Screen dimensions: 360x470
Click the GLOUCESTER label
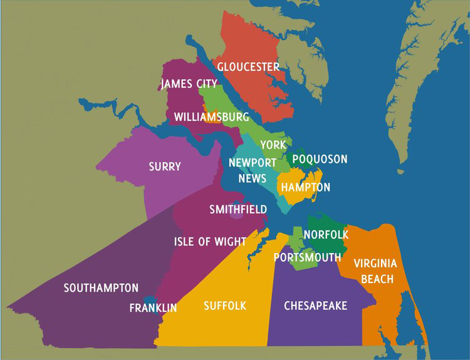pos(248,67)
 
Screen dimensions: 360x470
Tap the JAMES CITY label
pos(189,84)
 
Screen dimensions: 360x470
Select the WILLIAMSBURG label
pos(211,117)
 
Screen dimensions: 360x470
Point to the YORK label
pos(273,145)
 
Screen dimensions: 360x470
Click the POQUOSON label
pos(320,159)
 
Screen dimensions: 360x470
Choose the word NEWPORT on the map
pos(253,162)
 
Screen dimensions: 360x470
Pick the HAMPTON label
pos(305,187)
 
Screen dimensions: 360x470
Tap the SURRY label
pos(165,167)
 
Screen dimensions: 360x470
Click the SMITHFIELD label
pos(238,209)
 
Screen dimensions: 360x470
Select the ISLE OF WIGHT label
pos(201,241)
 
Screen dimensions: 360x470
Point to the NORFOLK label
pos(326,234)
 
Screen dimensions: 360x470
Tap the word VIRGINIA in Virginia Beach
pos(375,264)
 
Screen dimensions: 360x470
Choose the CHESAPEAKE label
pos(315,306)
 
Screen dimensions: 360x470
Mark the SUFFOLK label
pos(225,306)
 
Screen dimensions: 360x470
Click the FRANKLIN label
pos(153,307)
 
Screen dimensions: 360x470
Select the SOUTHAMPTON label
pos(101,288)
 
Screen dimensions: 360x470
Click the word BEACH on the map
pos(377,279)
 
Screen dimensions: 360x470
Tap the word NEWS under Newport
pos(253,178)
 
